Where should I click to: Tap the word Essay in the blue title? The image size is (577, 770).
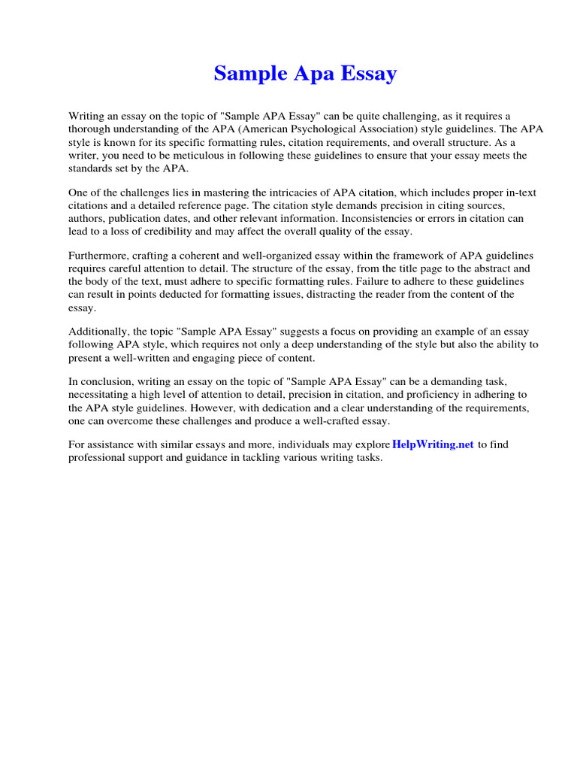click(x=367, y=74)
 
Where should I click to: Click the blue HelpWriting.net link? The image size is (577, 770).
click(x=433, y=444)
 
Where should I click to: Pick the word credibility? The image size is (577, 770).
click(x=193, y=232)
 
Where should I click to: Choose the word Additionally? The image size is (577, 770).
click(x=99, y=332)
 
